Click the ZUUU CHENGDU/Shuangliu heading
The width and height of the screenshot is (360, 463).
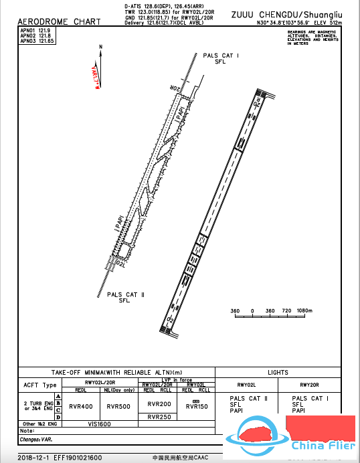pos(286,14)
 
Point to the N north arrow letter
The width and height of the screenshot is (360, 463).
pos(100,46)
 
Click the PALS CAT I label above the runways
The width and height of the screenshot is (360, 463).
pos(221,56)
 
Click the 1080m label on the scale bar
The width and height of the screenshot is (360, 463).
pos(304,312)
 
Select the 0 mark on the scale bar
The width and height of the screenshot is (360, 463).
pos(252,312)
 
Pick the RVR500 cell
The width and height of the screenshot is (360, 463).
pos(118,406)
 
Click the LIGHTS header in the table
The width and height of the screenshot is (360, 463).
pos(278,373)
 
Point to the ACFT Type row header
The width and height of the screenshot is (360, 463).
pos(40,385)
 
